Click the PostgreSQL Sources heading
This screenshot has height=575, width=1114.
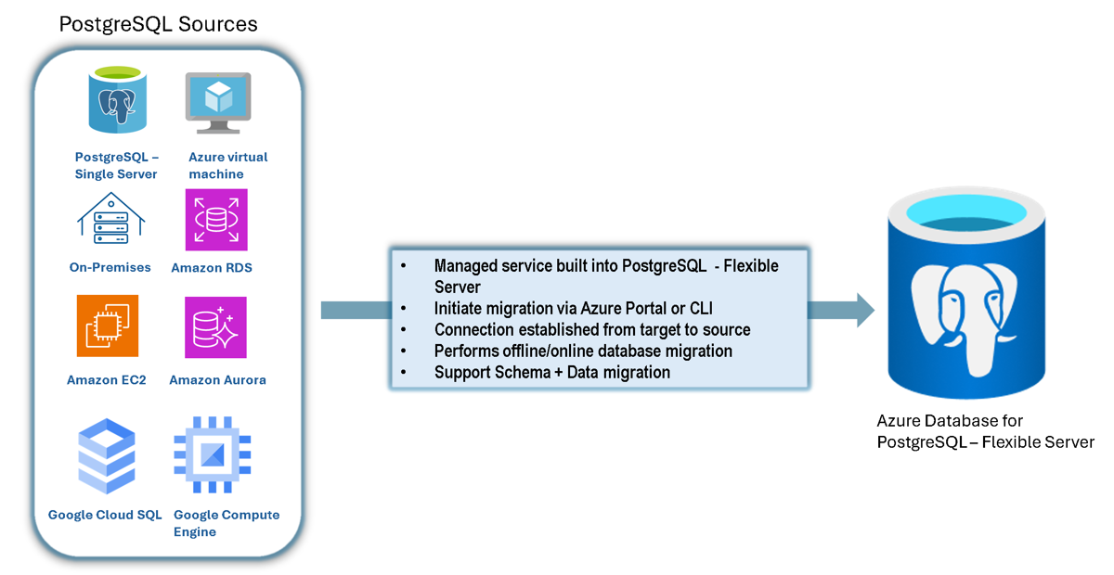click(x=158, y=23)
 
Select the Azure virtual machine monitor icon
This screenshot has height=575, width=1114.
click(x=218, y=102)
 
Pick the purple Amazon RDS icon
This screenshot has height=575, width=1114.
click(x=216, y=220)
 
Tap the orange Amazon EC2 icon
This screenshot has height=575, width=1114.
click(x=108, y=326)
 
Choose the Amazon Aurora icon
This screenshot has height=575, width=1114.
click(x=216, y=327)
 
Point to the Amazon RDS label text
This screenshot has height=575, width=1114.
click(x=212, y=267)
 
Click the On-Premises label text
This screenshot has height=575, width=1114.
click(x=110, y=267)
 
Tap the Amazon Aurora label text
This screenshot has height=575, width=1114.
click(x=217, y=379)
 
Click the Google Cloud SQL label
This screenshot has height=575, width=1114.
click(x=105, y=515)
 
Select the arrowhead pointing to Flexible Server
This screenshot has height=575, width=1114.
click(x=862, y=310)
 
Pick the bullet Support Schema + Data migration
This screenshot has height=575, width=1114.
click(x=551, y=372)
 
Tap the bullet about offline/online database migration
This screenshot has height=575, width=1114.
click(x=583, y=351)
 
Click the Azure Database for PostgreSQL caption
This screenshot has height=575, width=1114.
click(x=984, y=431)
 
